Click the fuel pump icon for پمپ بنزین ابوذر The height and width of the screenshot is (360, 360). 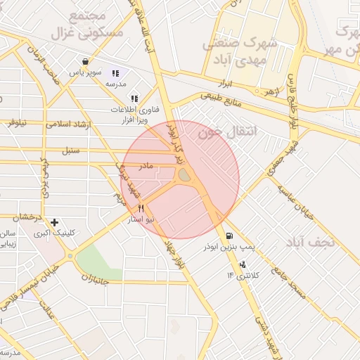point(229,236)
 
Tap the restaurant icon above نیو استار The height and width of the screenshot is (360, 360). point(141,208)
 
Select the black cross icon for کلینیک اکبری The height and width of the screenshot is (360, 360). point(54,222)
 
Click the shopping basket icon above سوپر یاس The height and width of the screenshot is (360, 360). point(85,62)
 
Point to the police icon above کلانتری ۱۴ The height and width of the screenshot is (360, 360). point(243,264)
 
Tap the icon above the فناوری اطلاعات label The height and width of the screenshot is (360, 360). point(134,98)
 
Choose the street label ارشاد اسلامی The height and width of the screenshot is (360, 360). point(70,124)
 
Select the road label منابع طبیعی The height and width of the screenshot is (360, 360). point(220,100)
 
